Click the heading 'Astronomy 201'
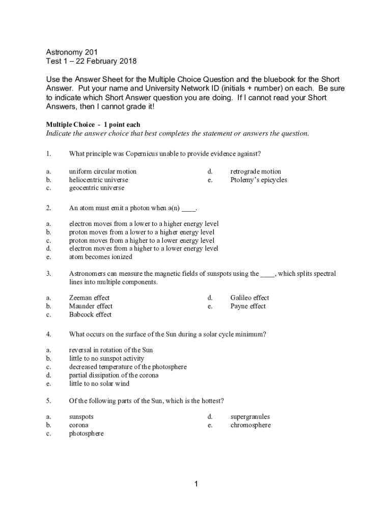(x=72, y=52)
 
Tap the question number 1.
(x=48, y=154)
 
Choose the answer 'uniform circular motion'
(x=103, y=171)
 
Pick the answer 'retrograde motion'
(x=256, y=171)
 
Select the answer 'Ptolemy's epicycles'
(x=259, y=180)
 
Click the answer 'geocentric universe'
(x=96, y=188)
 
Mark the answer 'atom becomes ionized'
(x=100, y=257)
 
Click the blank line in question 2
(x=188, y=208)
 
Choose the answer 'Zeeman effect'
(x=89, y=298)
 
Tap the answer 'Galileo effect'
(x=249, y=298)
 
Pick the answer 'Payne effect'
(x=248, y=306)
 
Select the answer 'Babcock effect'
(x=90, y=314)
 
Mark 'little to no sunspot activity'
(x=106, y=358)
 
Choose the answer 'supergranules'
(x=250, y=417)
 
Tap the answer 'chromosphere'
(x=250, y=425)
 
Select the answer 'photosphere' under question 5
(x=86, y=433)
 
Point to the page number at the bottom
(x=196, y=484)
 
